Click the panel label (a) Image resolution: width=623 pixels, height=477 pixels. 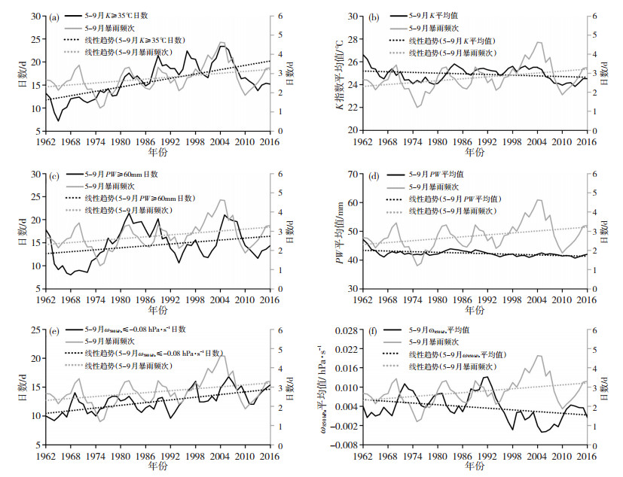54,19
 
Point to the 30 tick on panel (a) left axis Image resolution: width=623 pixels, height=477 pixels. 36,15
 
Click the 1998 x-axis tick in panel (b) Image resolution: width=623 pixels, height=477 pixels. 511,141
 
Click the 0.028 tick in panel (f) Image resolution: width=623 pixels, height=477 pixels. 343,330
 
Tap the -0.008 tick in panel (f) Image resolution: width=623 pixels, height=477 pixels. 342,445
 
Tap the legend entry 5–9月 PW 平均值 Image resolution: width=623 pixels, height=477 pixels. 444,174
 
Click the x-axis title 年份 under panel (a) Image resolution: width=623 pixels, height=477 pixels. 158,152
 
